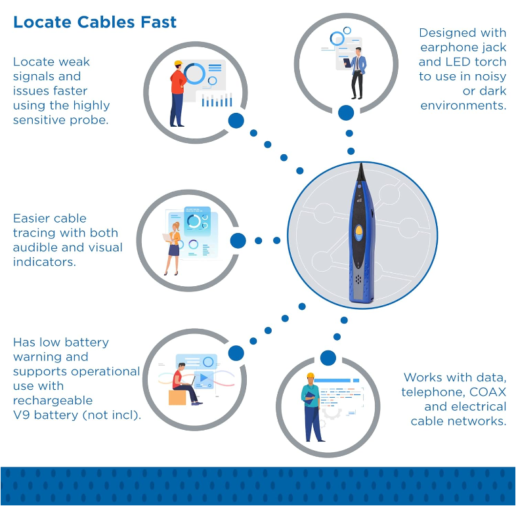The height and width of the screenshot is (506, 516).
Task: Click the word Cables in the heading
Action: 106,22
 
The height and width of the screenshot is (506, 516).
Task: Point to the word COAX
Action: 487,392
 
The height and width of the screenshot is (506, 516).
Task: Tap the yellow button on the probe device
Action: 358,230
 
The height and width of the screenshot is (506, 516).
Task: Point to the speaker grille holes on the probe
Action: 358,280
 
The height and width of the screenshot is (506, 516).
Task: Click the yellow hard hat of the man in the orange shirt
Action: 178,63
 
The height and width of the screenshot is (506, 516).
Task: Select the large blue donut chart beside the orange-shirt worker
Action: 195,74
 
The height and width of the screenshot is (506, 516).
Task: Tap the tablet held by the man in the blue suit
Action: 347,62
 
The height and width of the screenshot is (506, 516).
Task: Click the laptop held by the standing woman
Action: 167,237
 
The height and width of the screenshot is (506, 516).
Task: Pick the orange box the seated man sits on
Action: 177,398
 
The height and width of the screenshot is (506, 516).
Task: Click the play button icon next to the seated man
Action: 204,378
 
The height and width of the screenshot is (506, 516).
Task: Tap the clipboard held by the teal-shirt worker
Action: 310,398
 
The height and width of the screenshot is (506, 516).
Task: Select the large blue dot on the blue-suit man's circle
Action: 346,113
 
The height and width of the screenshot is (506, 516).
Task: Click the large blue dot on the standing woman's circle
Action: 238,240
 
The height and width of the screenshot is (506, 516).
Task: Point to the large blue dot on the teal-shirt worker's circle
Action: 328,358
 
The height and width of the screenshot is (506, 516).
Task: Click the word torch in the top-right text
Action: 492,62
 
